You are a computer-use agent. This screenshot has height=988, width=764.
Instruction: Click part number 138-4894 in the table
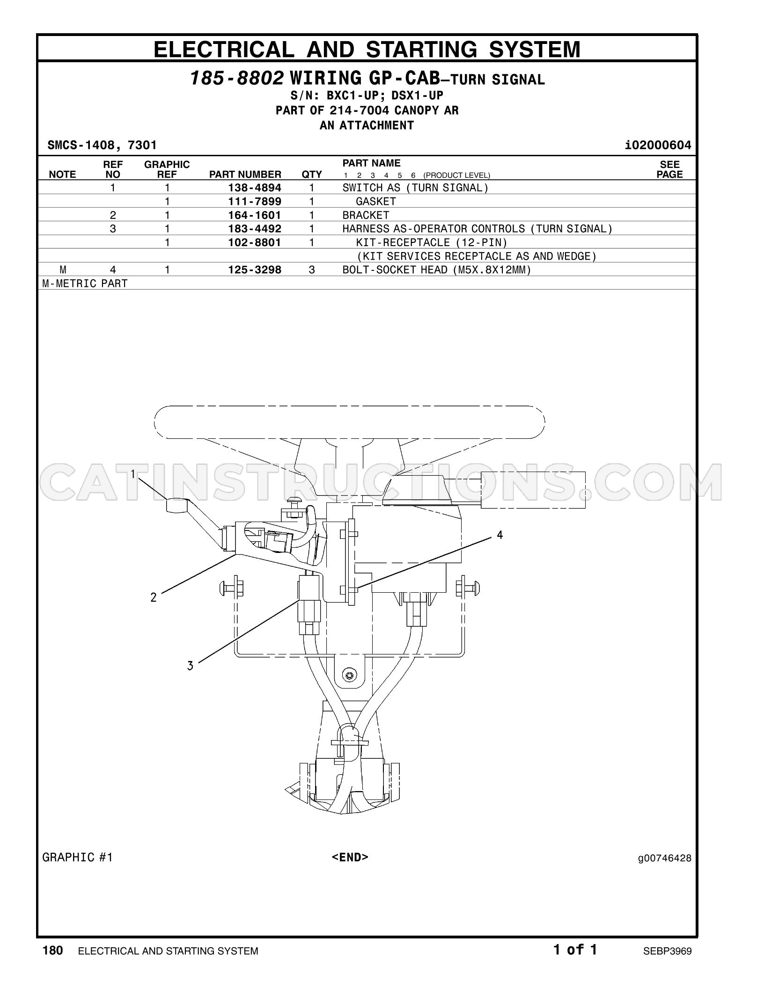point(255,188)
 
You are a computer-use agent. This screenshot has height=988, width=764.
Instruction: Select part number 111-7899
point(255,202)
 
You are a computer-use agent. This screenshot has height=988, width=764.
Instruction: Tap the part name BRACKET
point(366,215)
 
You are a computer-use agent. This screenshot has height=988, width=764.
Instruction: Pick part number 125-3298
point(255,270)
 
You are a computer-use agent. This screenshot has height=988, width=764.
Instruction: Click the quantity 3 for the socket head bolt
point(312,270)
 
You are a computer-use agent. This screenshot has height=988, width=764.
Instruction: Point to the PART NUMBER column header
point(245,174)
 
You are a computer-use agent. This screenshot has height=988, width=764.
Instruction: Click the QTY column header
point(312,174)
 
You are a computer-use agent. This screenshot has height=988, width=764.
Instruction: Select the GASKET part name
point(376,202)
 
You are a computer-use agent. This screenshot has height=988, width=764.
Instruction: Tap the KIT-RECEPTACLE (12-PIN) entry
point(432,242)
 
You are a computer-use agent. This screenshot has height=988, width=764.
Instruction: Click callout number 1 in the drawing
point(133,474)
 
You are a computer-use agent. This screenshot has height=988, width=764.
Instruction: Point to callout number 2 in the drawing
point(154,597)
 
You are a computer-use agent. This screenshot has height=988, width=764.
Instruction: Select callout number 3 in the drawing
point(190,666)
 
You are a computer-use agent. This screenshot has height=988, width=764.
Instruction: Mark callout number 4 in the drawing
point(500,535)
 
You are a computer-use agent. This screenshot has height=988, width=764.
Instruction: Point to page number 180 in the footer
point(52,951)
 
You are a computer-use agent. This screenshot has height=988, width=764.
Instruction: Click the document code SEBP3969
point(667,951)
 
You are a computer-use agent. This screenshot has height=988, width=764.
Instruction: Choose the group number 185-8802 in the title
point(237,78)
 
